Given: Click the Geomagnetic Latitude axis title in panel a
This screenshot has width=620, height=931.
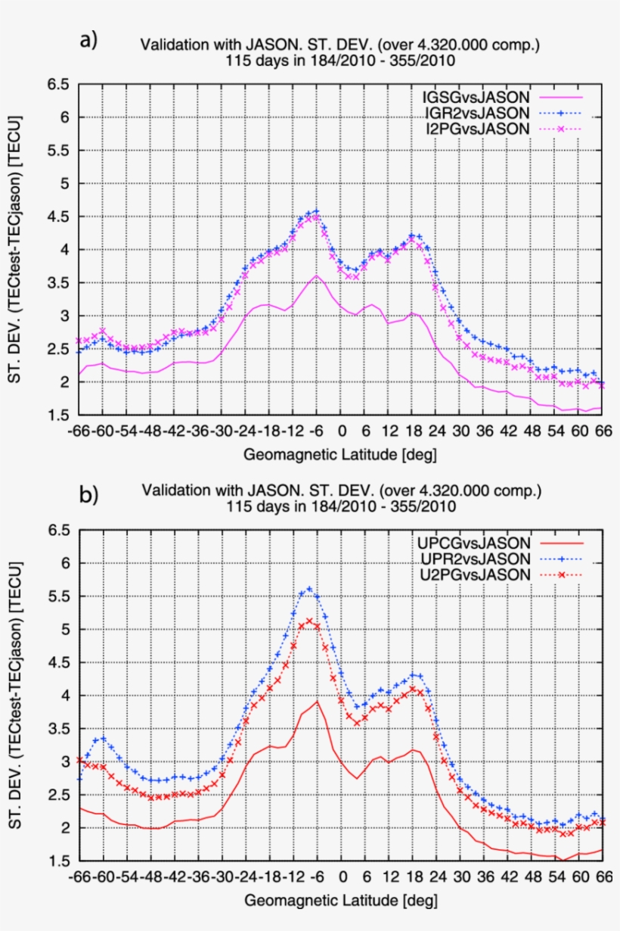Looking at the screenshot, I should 340,454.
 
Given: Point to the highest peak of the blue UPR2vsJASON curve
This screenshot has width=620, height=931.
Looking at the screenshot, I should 308,588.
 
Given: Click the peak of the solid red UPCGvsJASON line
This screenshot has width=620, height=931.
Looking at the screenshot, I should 318,701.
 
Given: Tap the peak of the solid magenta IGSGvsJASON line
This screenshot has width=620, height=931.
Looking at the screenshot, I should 318,276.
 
